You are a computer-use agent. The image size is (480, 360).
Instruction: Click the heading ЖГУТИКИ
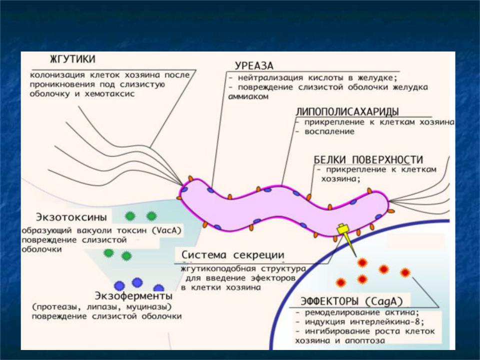click(x=72, y=59)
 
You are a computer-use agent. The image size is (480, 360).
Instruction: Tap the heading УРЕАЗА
click(x=254, y=66)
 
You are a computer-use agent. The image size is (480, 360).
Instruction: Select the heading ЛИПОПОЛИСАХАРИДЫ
click(x=347, y=111)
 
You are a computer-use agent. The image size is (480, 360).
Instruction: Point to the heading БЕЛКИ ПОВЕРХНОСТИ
click(x=368, y=159)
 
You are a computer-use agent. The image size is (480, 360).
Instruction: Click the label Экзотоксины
click(x=71, y=217)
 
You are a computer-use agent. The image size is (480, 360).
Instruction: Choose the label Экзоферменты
click(x=133, y=296)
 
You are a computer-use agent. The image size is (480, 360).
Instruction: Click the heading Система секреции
click(x=233, y=254)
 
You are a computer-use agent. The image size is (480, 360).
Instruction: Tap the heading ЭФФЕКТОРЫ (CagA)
click(x=351, y=301)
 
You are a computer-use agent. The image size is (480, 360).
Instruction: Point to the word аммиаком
click(x=248, y=96)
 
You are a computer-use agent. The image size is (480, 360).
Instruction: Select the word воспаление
click(x=329, y=131)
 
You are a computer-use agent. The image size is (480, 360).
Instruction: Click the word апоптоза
click(x=365, y=340)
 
